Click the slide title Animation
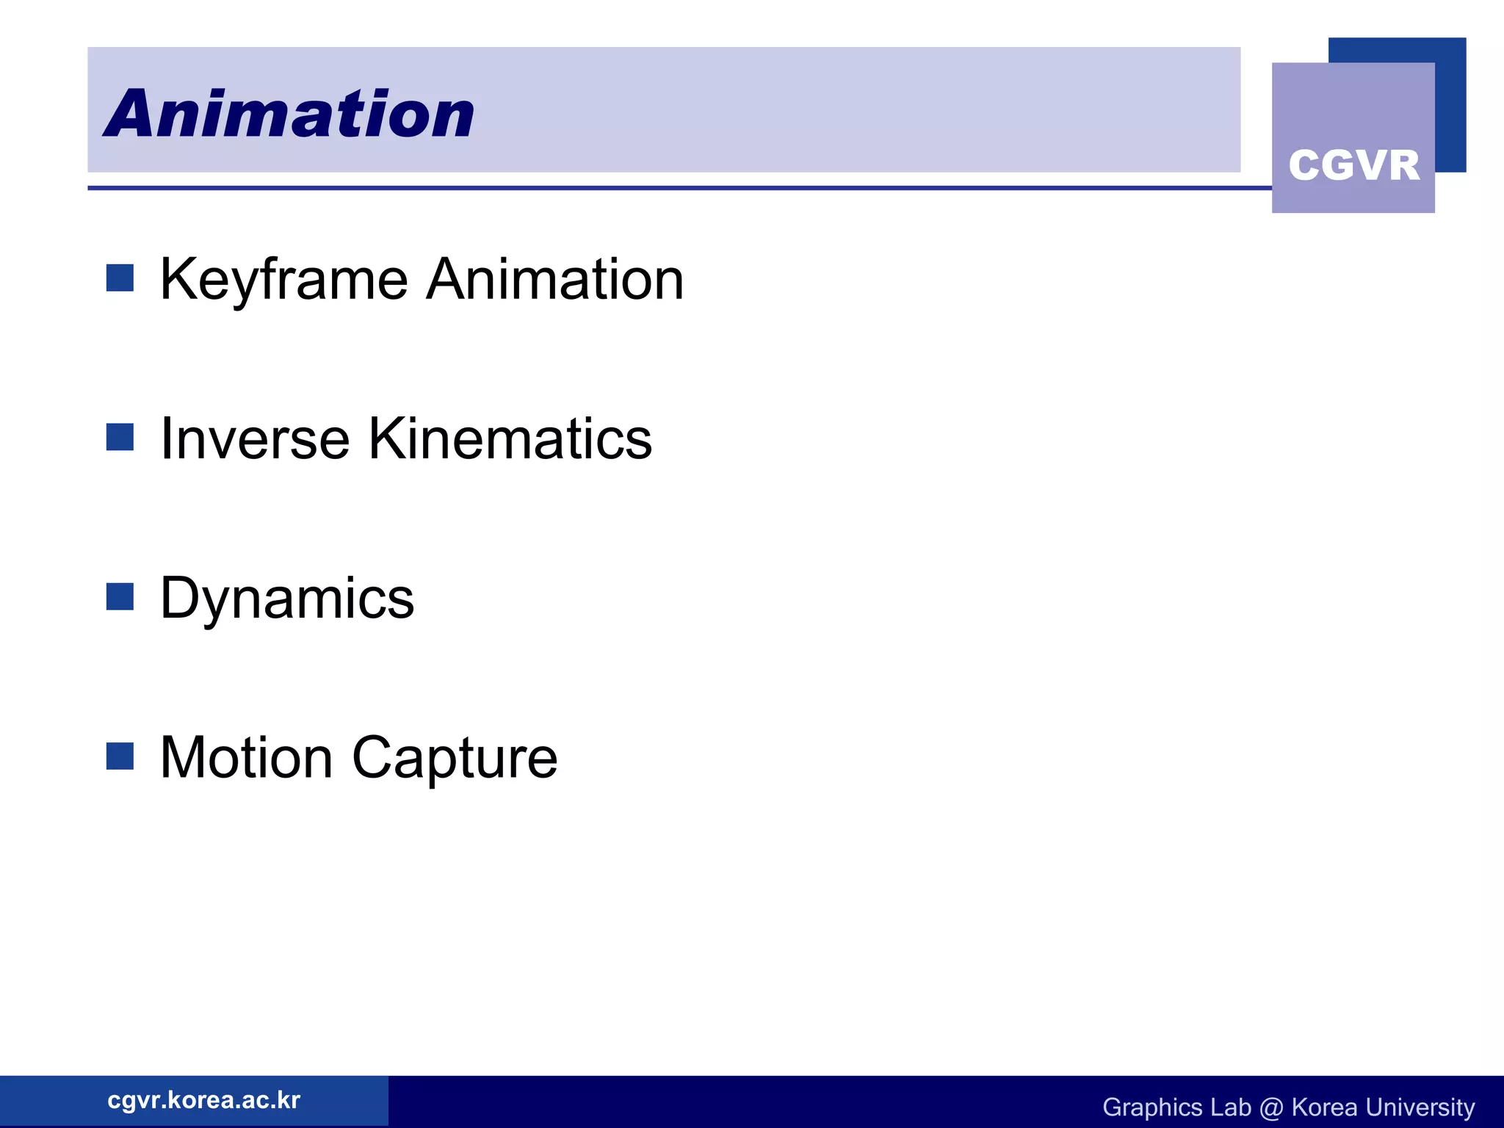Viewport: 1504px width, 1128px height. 289,114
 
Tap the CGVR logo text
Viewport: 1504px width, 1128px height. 1353,165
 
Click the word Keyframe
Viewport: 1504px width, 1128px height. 283,280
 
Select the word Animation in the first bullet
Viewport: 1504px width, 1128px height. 555,280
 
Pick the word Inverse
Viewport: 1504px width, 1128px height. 255,438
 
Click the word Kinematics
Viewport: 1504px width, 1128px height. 510,438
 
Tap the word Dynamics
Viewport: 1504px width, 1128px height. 287,599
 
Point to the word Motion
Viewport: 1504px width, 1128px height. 246,758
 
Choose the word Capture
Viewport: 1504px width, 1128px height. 455,758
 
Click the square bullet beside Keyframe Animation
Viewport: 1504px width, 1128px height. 120,278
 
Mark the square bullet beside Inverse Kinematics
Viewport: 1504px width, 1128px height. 120,437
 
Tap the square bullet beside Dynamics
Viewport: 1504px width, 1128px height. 120,597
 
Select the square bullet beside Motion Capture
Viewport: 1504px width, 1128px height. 120,756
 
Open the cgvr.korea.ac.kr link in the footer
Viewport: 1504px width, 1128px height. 203,1100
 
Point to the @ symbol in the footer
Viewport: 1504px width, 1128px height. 1270,1107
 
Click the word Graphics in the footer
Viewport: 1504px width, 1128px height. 1152,1107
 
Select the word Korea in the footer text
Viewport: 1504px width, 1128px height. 1324,1107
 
